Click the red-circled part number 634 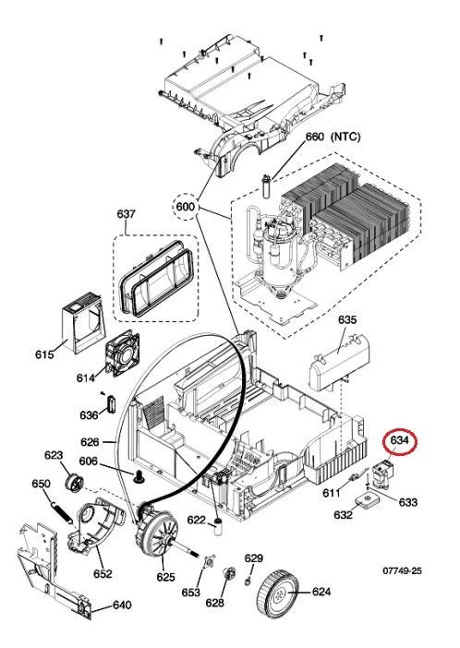400,440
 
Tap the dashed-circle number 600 186,206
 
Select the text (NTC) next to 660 345,137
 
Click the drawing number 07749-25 402,570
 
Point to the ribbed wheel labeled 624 278,594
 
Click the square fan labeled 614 123,353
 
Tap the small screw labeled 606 139,476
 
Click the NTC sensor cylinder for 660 266,186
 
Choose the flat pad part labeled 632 367,500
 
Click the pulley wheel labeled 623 75,483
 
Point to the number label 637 126,213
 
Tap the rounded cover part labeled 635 339,363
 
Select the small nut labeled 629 248,582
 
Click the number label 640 122,605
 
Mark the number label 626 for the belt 90,442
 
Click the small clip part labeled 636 111,404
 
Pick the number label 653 190,593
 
